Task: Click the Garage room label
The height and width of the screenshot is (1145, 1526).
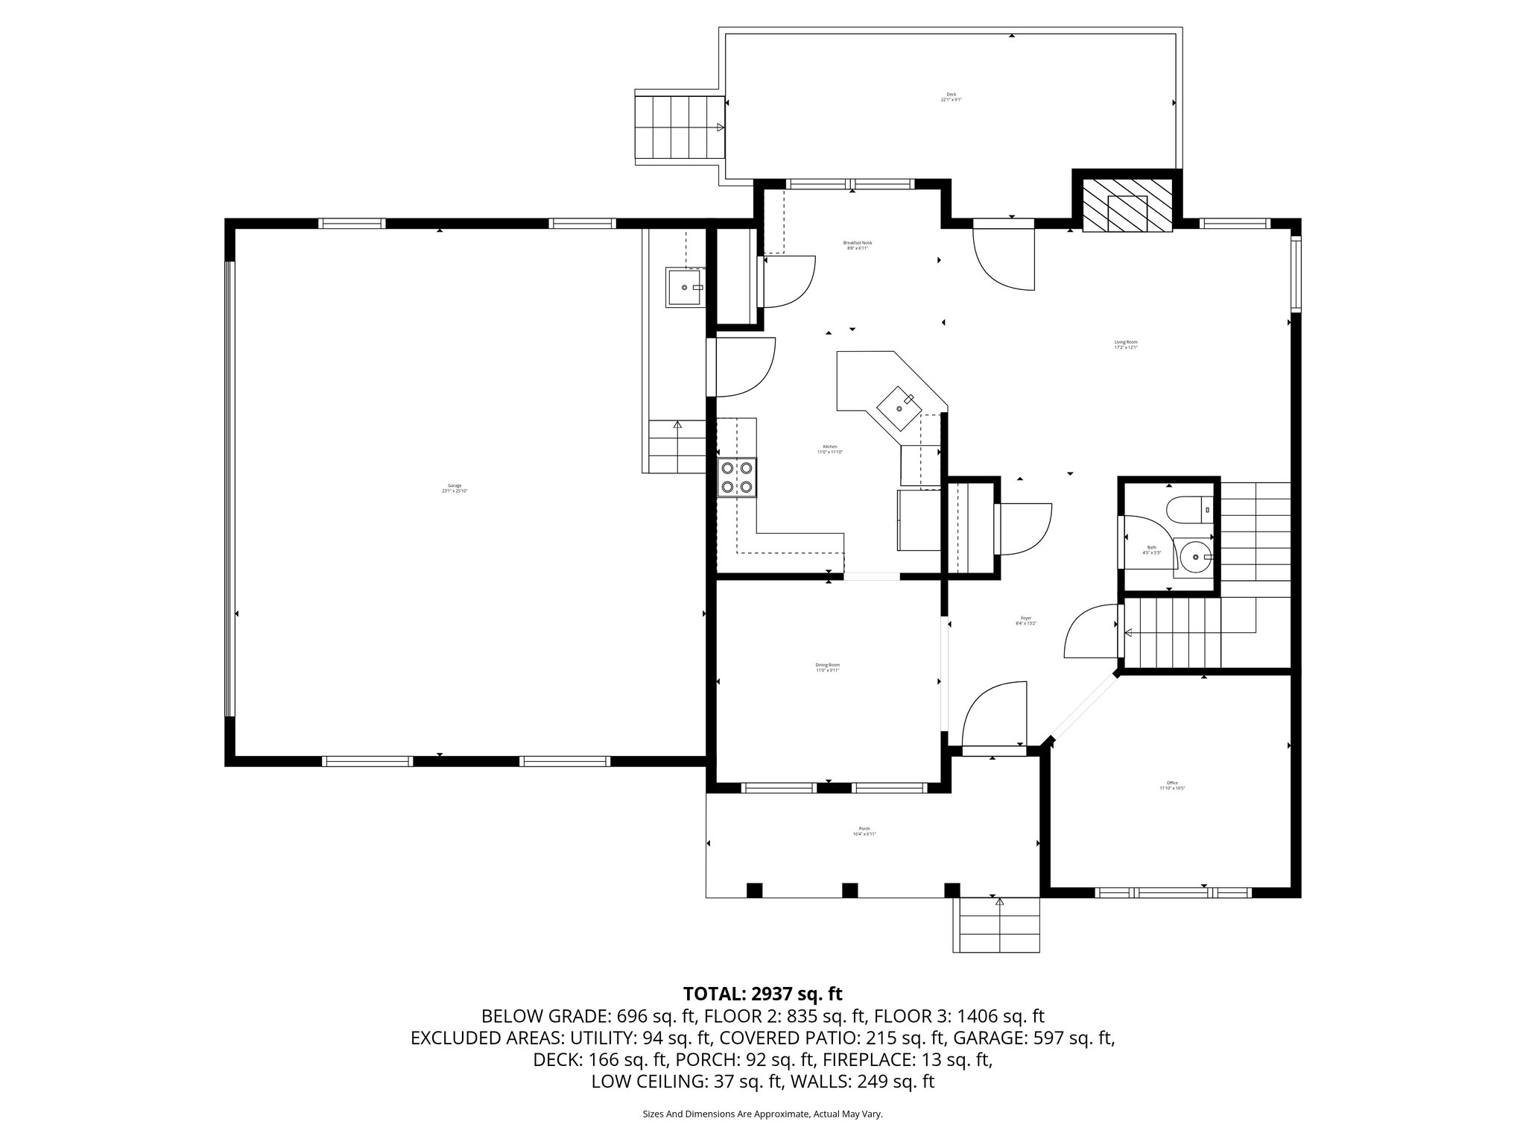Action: (x=454, y=488)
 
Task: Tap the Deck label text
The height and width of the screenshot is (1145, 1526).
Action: (x=951, y=97)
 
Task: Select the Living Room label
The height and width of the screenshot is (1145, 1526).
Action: (x=1125, y=344)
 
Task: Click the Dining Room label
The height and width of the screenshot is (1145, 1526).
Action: (x=827, y=667)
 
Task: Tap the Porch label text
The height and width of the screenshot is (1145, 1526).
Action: (x=864, y=831)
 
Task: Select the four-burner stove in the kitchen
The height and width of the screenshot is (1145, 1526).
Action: (x=737, y=478)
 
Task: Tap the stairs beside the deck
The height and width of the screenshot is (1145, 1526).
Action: (x=678, y=127)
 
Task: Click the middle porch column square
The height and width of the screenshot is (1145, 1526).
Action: (x=850, y=890)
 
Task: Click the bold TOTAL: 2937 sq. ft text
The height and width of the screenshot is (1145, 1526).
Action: (x=762, y=994)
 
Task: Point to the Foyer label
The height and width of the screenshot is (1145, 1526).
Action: (x=1026, y=621)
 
